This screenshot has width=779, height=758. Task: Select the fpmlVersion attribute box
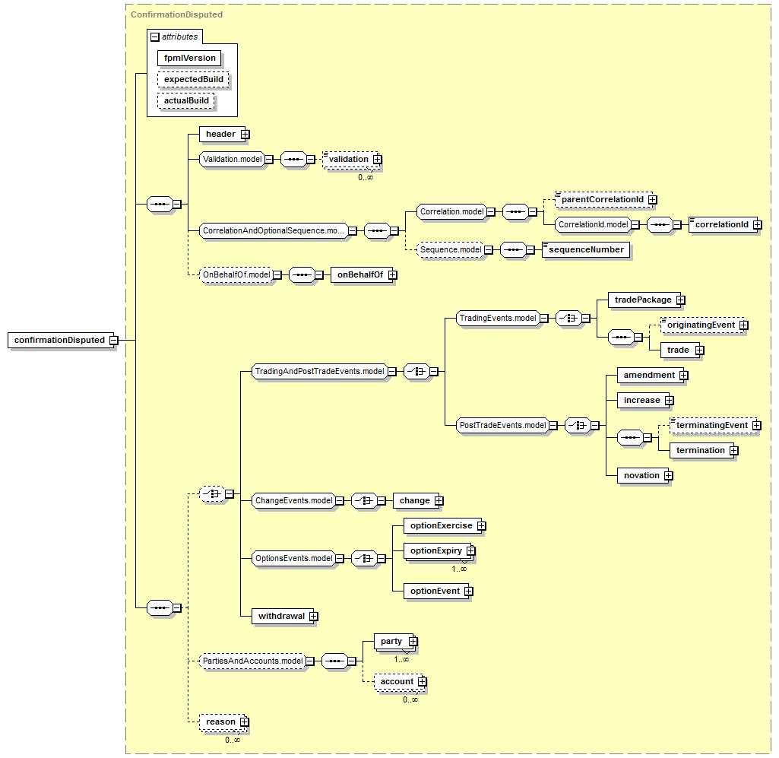point(189,58)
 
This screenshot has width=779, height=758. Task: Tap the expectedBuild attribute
point(193,80)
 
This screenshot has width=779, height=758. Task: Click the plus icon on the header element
point(245,135)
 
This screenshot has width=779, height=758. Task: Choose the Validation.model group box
point(232,159)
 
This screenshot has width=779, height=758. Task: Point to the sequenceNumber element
point(586,249)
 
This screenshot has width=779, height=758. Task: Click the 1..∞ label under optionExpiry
point(459,569)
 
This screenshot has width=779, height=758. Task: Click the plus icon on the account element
point(422,682)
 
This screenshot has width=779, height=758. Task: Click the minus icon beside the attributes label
point(155,37)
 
